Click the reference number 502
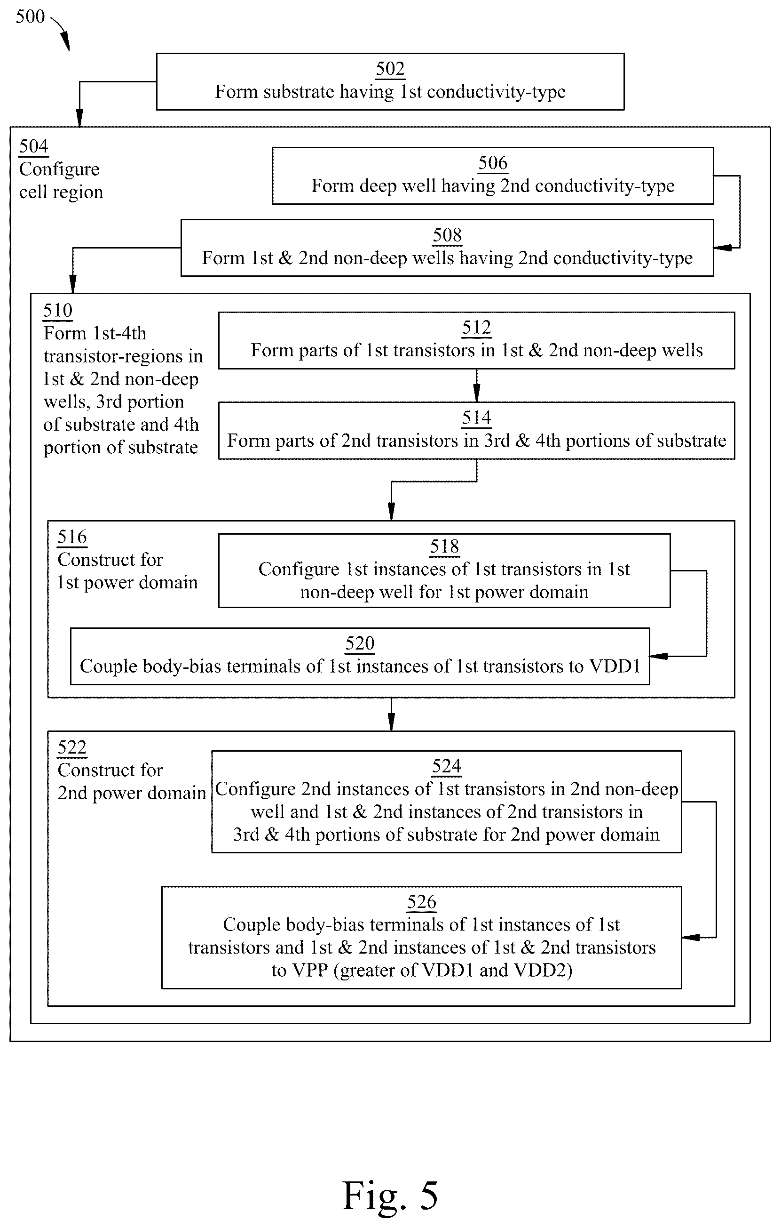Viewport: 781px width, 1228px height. (x=390, y=69)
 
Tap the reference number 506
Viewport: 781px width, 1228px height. (x=493, y=163)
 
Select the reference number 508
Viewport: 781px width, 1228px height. (x=447, y=235)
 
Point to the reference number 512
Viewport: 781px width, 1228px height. (x=476, y=328)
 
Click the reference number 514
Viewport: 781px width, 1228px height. (x=476, y=417)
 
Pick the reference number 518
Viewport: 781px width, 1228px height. (x=445, y=546)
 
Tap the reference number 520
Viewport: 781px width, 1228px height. (x=360, y=643)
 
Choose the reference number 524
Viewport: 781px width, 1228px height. (x=447, y=766)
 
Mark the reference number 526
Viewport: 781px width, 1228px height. (x=422, y=902)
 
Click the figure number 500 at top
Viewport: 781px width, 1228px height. (x=30, y=16)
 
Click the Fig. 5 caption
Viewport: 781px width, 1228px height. (x=390, y=1195)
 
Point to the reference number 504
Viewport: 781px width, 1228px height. (x=34, y=146)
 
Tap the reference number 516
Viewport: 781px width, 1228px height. (x=72, y=537)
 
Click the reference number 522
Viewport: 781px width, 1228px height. (x=72, y=747)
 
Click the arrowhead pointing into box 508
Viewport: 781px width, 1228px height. (x=722, y=248)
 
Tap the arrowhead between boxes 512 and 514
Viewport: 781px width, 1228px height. (x=476, y=393)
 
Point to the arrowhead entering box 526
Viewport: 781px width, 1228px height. (x=691, y=937)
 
